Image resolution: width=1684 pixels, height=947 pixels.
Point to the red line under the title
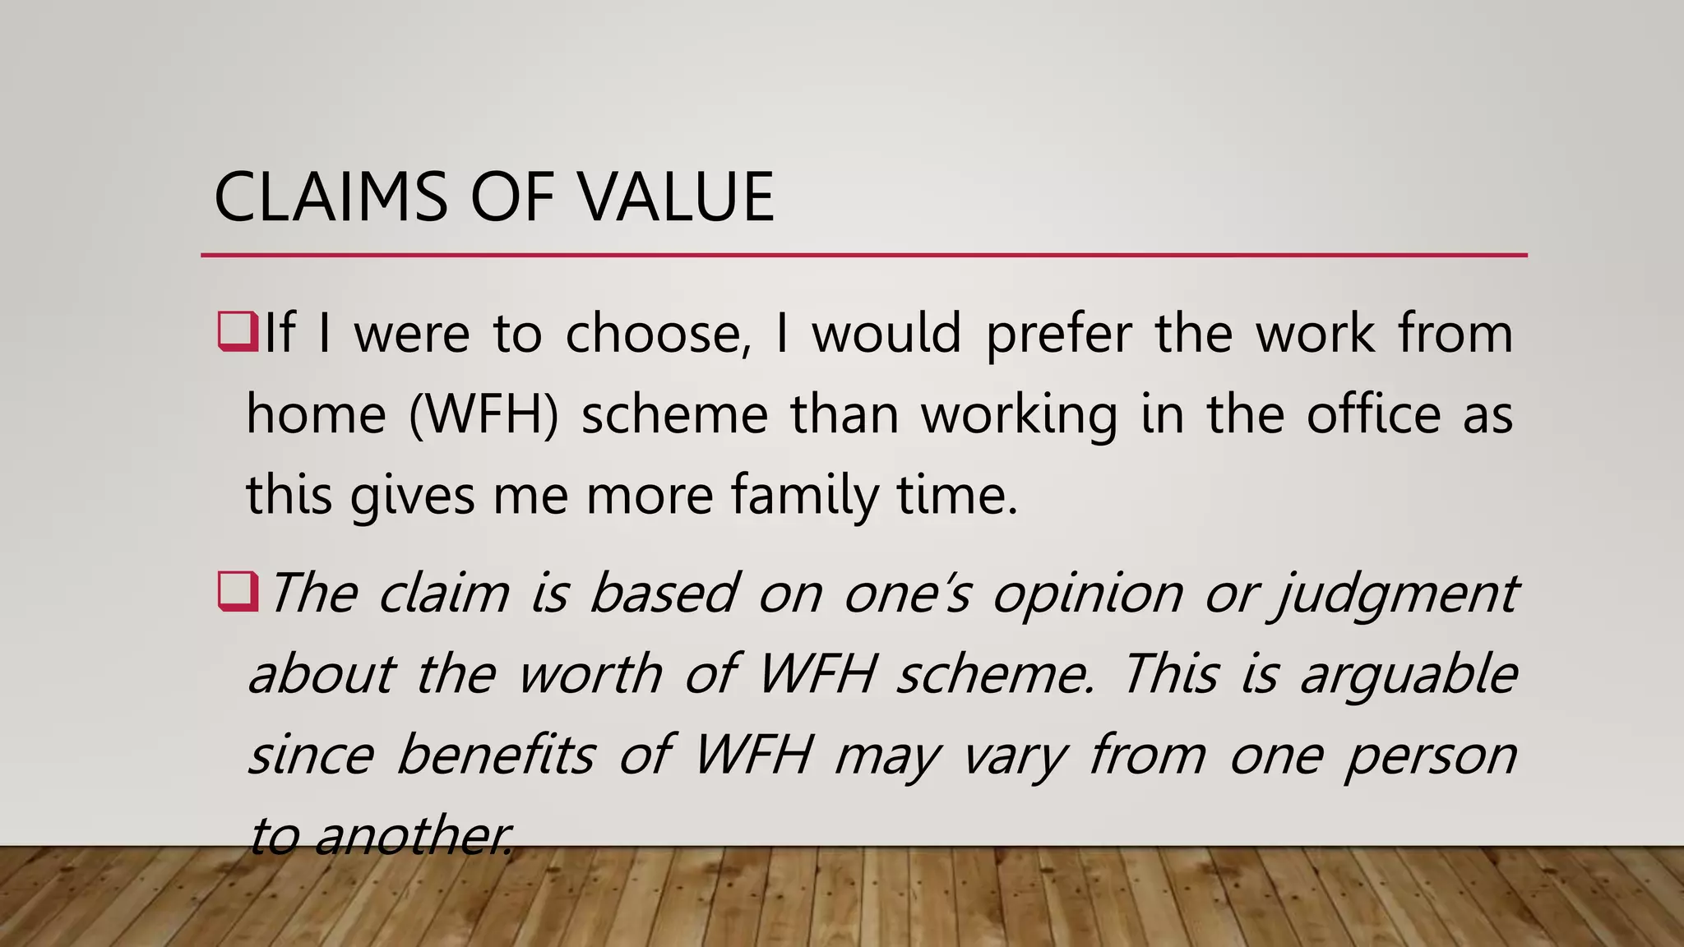863,256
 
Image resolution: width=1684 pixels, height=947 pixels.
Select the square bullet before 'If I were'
238,332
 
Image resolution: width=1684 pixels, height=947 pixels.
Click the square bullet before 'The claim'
238,592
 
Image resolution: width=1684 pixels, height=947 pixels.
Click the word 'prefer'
1059,334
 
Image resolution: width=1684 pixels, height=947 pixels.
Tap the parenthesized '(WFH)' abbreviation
483,414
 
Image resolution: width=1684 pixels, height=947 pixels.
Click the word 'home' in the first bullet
316,414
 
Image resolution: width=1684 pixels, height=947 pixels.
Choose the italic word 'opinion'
1087,594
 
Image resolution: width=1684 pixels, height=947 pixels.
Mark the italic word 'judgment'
1394,594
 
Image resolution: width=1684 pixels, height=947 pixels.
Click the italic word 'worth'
590,674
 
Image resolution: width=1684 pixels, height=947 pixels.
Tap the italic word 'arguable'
1408,674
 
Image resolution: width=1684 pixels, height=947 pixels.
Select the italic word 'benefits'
495,755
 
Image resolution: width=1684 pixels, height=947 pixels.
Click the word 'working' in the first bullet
1019,414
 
